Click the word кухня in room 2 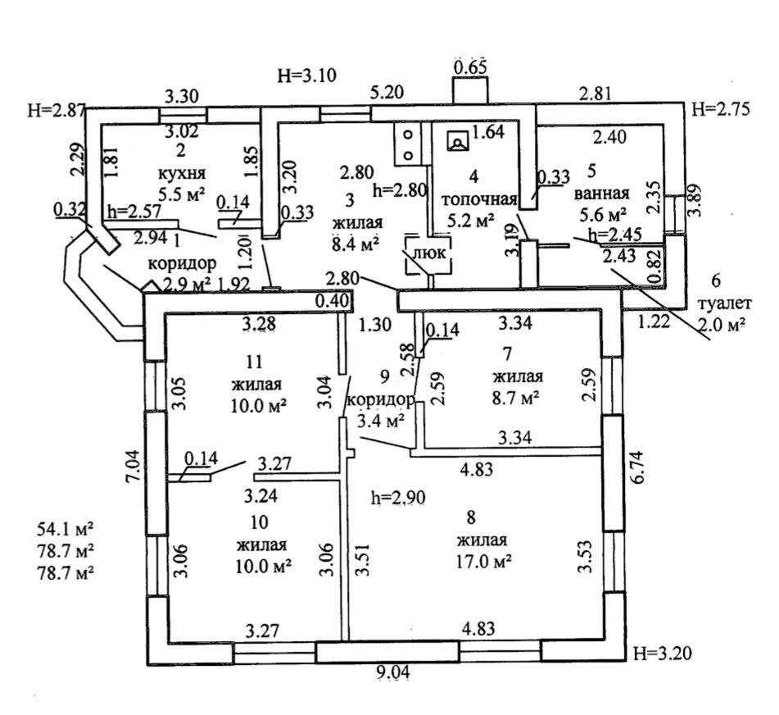182,174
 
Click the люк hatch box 427,253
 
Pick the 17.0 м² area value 485,561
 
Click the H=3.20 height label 664,654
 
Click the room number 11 255,359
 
